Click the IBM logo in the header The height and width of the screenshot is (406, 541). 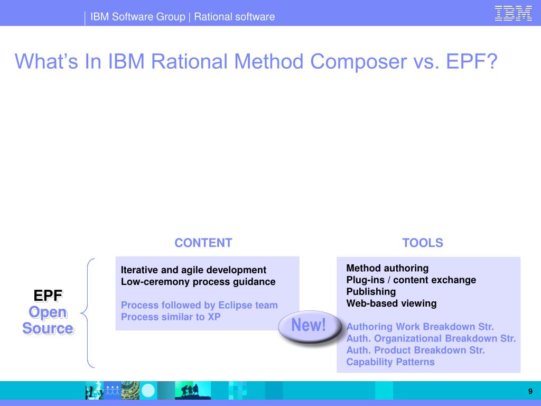(x=513, y=13)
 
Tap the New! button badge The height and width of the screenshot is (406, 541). (x=309, y=326)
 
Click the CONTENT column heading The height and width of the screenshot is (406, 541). (x=203, y=243)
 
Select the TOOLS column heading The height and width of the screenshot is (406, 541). (x=423, y=243)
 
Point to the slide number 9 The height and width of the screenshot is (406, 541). (x=530, y=391)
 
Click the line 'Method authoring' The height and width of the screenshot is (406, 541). (x=387, y=268)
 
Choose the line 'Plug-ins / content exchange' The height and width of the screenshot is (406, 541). (x=411, y=280)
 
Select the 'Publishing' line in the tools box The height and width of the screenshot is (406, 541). (x=371, y=292)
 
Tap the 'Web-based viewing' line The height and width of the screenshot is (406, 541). (x=391, y=303)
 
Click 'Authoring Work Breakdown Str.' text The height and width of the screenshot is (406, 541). (x=420, y=327)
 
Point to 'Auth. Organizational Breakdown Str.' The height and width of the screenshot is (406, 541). (x=431, y=338)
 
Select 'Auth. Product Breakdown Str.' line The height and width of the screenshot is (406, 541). (x=415, y=350)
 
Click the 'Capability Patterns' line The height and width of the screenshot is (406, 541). (x=390, y=362)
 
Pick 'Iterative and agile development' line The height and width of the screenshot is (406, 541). (x=193, y=270)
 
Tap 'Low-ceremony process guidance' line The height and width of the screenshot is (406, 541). (x=198, y=282)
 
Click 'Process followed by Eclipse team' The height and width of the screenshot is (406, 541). (x=199, y=305)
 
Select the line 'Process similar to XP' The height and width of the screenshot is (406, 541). (x=171, y=317)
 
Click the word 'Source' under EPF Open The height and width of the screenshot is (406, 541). (x=48, y=329)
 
